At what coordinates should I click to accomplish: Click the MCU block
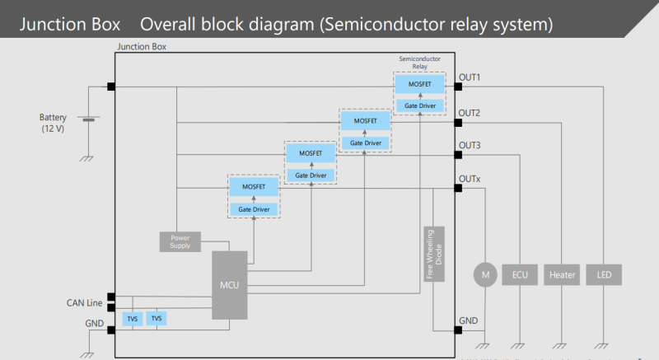tap(229, 285)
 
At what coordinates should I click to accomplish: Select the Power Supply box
tap(180, 241)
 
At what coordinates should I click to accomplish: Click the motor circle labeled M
tap(484, 274)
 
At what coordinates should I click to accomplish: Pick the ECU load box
tap(519, 274)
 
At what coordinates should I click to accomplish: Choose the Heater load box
tap(562, 274)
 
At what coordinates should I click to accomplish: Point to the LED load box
tap(603, 274)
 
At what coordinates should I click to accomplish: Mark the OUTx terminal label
tap(470, 179)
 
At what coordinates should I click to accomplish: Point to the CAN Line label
tap(85, 303)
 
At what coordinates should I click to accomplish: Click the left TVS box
tap(133, 318)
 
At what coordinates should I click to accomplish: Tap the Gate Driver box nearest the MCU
tap(255, 209)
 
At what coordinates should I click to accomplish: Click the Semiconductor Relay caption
tap(420, 63)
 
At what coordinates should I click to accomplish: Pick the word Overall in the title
tap(183, 24)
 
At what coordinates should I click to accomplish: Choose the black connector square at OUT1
tap(458, 86)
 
